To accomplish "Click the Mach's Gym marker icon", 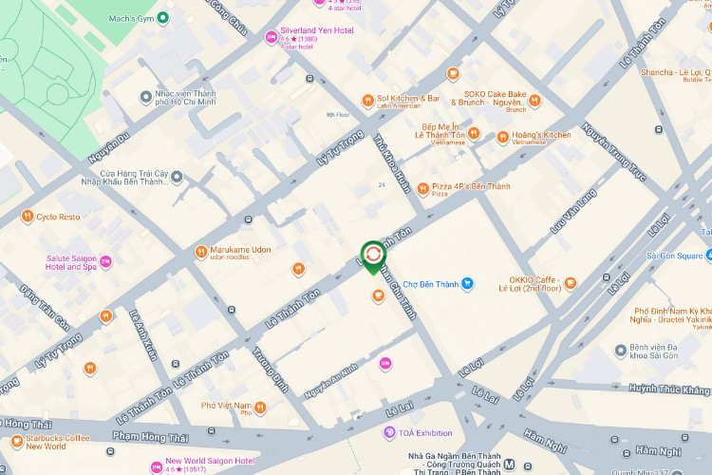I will pos(163,17).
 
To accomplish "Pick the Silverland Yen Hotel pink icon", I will pos(271,36).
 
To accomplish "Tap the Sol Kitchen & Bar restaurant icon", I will pos(368,101).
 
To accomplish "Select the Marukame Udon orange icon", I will pos(200,252).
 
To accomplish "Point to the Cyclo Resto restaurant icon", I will pos(28,217).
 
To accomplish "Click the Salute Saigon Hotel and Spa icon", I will pos(105,261).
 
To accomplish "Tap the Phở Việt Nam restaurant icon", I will pos(260,408).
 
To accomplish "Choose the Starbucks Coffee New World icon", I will pos(16,441).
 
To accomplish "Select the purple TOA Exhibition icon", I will pos(389,433).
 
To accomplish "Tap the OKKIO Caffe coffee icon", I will pos(570,282).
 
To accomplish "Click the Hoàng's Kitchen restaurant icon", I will pos(503,137).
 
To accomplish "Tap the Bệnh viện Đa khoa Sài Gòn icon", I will pos(621,351).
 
